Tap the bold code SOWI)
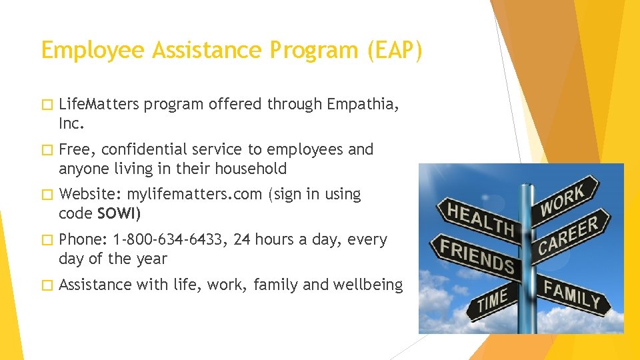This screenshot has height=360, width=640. [x=119, y=214]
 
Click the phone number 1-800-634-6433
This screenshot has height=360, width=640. [x=171, y=239]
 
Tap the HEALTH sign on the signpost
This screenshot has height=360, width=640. [x=481, y=220]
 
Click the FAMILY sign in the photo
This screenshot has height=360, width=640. [x=571, y=293]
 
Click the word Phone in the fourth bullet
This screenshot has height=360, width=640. [x=80, y=239]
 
